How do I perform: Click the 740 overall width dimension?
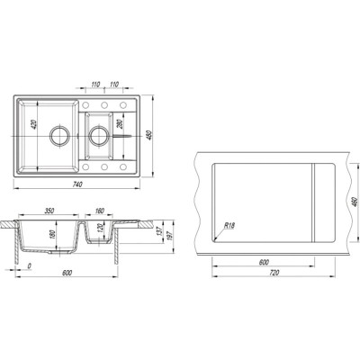(77, 184)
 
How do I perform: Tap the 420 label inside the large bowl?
(33, 124)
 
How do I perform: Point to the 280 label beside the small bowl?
(121, 124)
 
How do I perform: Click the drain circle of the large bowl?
(59, 135)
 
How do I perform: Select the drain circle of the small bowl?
(98, 135)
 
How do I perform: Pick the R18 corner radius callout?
(229, 226)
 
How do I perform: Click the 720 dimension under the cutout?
(274, 273)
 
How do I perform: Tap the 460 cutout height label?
(354, 202)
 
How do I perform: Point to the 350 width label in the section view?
(49, 211)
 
